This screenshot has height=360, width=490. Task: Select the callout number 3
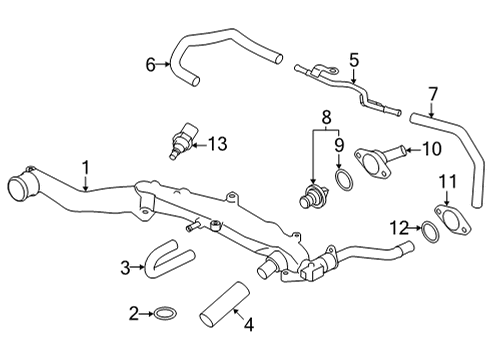[x=125, y=267]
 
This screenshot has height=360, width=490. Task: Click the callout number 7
[x=433, y=95]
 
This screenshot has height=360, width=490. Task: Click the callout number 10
[x=430, y=151]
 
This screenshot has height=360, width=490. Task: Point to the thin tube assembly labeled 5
[x=345, y=84]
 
